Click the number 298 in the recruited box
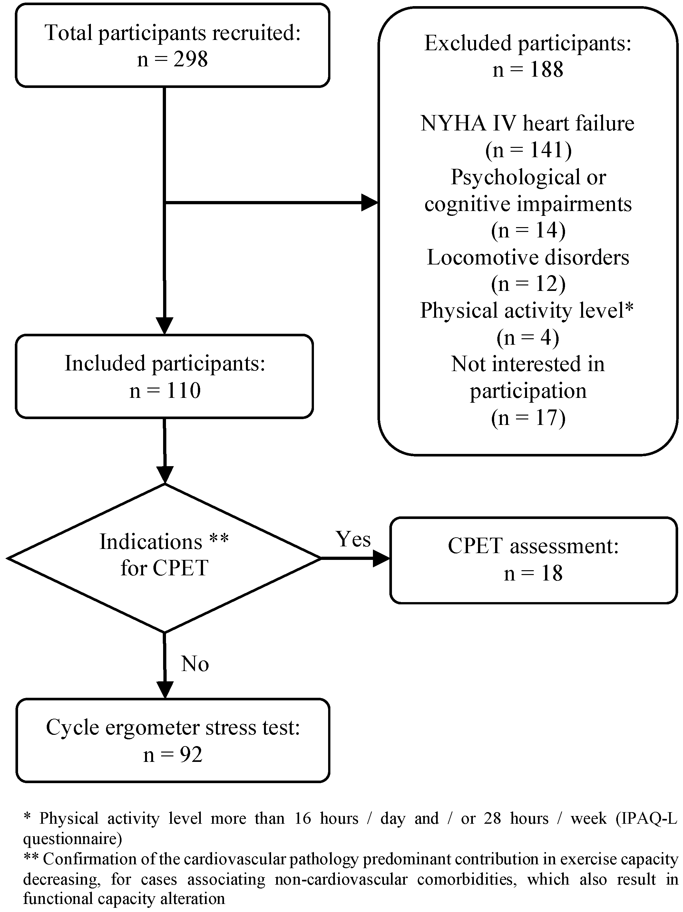(190, 59)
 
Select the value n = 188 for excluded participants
(528, 69)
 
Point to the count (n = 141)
(528, 150)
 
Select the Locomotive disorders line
(528, 257)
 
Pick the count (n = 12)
(528, 284)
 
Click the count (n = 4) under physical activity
(528, 337)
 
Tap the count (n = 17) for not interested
(528, 418)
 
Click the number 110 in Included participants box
(183, 390)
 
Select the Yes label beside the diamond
(353, 539)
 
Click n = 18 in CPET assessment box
(533, 573)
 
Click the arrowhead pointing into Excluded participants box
(370, 202)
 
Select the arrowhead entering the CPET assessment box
(381, 558)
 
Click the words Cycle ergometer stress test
(172, 727)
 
